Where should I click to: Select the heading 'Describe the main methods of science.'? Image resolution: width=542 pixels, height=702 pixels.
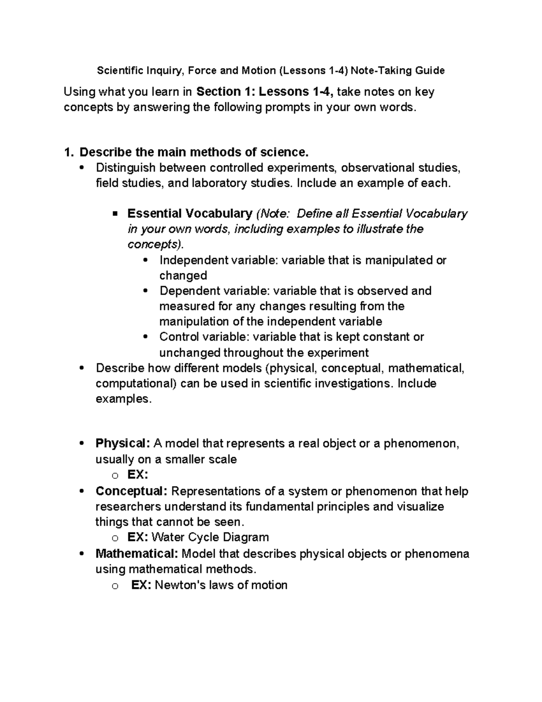coord(194,152)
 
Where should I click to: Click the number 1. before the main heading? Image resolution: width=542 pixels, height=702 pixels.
coord(69,152)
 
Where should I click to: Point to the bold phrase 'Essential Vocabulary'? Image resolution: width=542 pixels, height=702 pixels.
coord(190,213)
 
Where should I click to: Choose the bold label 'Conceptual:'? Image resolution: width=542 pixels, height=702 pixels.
coord(131,491)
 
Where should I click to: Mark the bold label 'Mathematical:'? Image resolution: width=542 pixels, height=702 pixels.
coord(136,553)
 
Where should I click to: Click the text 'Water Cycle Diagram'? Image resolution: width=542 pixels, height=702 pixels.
coord(210,537)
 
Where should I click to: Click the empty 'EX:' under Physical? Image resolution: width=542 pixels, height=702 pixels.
coord(138,475)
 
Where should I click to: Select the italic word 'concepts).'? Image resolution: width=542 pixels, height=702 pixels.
coord(156,245)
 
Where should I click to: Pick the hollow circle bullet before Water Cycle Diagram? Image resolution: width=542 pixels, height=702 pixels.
coord(115,538)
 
